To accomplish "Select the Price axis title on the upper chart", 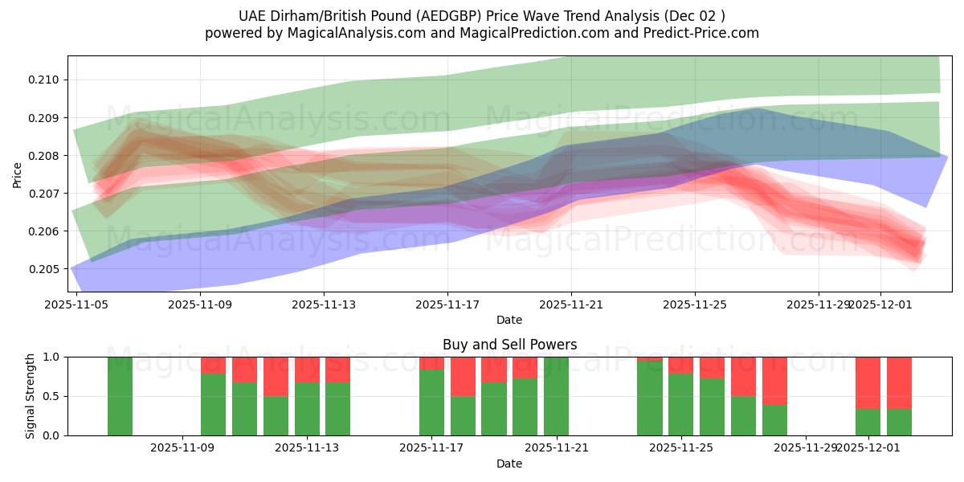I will (18, 174).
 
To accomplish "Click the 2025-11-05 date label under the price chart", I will (76, 304).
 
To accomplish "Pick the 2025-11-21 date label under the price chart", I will (571, 304).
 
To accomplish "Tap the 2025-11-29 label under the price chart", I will (818, 304).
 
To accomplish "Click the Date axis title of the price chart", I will (509, 320).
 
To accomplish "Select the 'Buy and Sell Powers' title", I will (509, 345).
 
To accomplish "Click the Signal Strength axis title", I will (31, 396).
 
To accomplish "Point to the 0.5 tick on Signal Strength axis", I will (51, 396).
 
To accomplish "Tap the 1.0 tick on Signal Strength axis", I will (51, 357).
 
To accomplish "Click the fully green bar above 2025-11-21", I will (556, 396).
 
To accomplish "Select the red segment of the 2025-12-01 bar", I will (868, 382).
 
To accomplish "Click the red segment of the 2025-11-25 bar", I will (680, 365).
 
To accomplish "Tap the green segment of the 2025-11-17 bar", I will (431, 402).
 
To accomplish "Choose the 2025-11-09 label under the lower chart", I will (182, 448).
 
